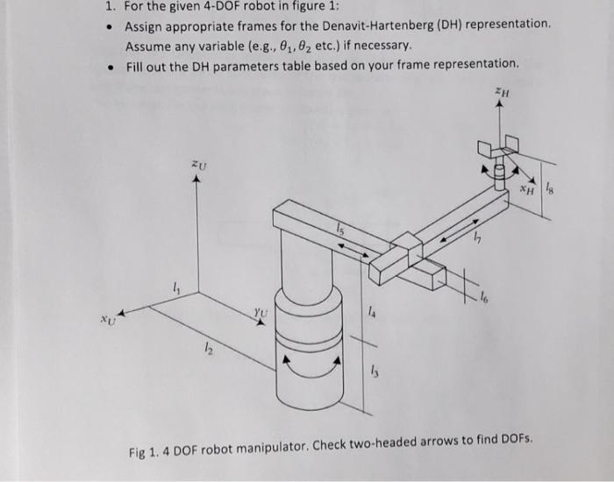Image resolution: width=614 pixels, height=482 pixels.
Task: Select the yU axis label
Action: pyautogui.click(x=259, y=310)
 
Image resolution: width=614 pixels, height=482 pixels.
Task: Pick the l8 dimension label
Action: pyautogui.click(x=547, y=186)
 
